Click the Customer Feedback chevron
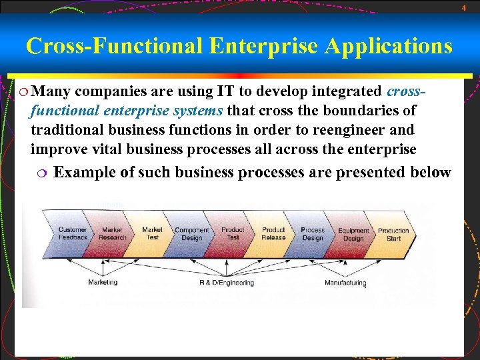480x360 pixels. (72, 233)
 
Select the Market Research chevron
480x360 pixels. (112, 233)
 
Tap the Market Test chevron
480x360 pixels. (152, 233)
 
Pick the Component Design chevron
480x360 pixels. (192, 233)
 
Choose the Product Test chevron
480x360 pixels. (233, 233)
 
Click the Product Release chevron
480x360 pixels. (273, 233)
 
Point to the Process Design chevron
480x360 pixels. (313, 233)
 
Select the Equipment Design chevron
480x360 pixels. (353, 233)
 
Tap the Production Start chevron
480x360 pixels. (394, 233)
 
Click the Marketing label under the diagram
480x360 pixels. (103, 282)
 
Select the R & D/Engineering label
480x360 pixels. (227, 283)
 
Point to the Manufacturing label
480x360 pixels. (345, 283)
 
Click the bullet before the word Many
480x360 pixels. (22, 91)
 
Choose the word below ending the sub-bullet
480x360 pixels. (427, 172)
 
